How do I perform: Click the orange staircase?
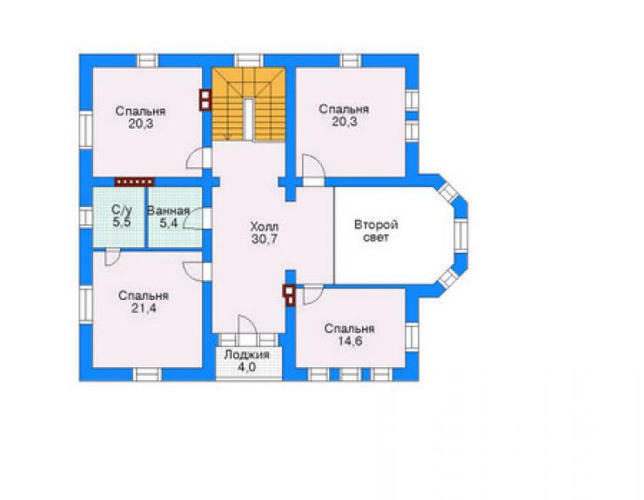(248, 104)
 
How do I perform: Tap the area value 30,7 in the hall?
(265, 239)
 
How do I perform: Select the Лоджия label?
(246, 355)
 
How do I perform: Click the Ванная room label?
(168, 211)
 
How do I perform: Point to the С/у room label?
(122, 210)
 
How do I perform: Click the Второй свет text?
(376, 231)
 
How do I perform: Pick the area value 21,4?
(144, 309)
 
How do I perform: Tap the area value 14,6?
(350, 341)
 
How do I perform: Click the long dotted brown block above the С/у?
(134, 182)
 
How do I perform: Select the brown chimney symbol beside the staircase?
(205, 100)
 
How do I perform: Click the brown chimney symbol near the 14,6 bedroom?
(289, 296)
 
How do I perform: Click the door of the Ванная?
(197, 218)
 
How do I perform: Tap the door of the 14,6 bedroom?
(313, 296)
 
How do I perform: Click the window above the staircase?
(249, 61)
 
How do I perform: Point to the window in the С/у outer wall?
(86, 217)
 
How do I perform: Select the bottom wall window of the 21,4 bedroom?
(147, 375)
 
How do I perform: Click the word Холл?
(265, 227)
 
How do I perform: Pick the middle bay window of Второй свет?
(461, 236)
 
